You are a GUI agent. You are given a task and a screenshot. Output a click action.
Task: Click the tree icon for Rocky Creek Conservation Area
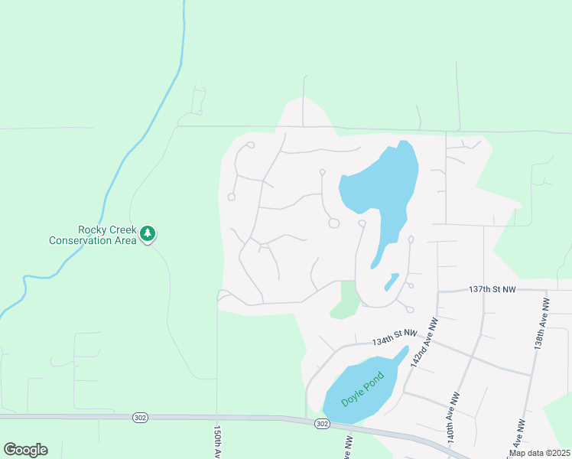[x=148, y=233]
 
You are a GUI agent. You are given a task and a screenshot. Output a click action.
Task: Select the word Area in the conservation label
[x=127, y=240]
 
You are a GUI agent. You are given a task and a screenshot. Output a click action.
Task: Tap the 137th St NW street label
[x=492, y=289]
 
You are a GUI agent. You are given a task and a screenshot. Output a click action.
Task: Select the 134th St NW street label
[x=395, y=337]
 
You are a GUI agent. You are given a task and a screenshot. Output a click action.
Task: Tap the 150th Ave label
[x=218, y=442]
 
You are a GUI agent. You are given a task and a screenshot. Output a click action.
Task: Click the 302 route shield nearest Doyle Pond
[x=322, y=424]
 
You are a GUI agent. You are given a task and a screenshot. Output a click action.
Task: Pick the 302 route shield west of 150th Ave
[x=139, y=418]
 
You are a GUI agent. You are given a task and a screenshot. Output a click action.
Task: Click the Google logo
[x=25, y=450]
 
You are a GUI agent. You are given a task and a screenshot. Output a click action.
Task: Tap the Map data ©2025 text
[x=538, y=453]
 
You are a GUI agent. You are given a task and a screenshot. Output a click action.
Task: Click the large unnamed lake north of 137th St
[x=382, y=184]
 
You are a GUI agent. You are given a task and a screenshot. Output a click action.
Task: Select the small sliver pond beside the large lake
[x=391, y=282]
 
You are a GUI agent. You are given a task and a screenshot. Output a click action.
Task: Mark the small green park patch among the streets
[x=346, y=301]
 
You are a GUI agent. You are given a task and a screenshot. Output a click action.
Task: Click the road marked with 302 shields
[x=229, y=418]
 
